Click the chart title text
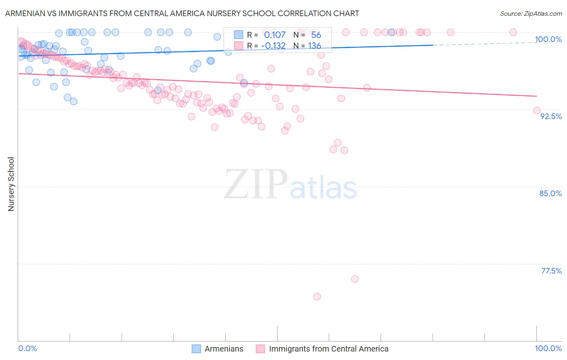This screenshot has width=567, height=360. pyautogui.click(x=182, y=13)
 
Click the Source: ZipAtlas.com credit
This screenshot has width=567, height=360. pyautogui.click(x=531, y=13)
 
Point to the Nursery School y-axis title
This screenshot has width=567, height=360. pyautogui.click(x=11, y=184)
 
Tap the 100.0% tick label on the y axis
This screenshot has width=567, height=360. pyautogui.click(x=548, y=39)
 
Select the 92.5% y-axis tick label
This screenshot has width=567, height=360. pyautogui.click(x=551, y=116)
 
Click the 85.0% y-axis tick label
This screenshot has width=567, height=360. pyautogui.click(x=550, y=193)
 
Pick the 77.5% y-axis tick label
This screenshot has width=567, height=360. pyautogui.click(x=551, y=271)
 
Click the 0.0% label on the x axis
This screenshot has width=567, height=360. pyautogui.click(x=28, y=348)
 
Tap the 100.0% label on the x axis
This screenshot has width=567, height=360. pyautogui.click(x=548, y=348)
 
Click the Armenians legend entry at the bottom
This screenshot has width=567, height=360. pyautogui.click(x=224, y=349)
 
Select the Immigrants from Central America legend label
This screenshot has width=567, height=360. pyautogui.click(x=329, y=349)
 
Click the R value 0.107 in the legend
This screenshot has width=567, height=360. pyautogui.click(x=275, y=35)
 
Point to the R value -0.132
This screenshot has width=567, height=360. pyautogui.click(x=273, y=46)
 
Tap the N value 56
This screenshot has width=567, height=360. pyautogui.click(x=316, y=35)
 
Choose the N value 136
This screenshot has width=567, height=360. pyautogui.click(x=315, y=46)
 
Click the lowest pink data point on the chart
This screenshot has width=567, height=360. pyautogui.click(x=317, y=297)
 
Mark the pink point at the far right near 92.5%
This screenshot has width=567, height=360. pyautogui.click(x=537, y=111)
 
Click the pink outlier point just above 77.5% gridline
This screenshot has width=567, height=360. pyautogui.click(x=355, y=279)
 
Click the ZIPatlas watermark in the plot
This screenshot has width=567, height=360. pyautogui.click(x=290, y=185)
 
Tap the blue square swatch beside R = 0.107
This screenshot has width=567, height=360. pyautogui.click(x=239, y=35)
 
